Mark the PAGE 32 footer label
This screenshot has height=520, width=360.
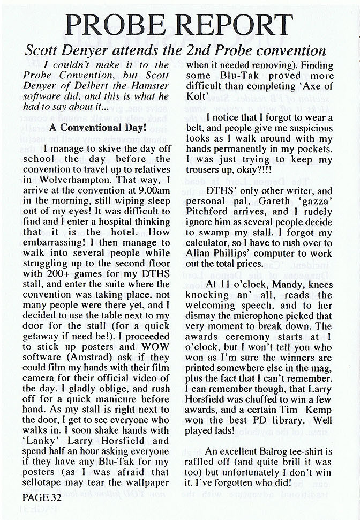42,498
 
